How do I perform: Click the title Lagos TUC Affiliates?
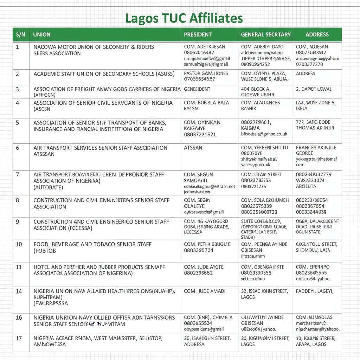(184, 18)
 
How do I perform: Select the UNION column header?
(41, 34)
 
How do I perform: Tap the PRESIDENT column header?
(198, 34)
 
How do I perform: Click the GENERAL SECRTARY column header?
(266, 34)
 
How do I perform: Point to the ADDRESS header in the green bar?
(317, 34)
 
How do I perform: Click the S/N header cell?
(20, 34)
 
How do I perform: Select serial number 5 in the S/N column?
(18, 123)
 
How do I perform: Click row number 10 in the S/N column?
(19, 244)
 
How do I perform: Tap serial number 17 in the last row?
(19, 338)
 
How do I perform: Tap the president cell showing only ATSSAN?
(193, 148)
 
